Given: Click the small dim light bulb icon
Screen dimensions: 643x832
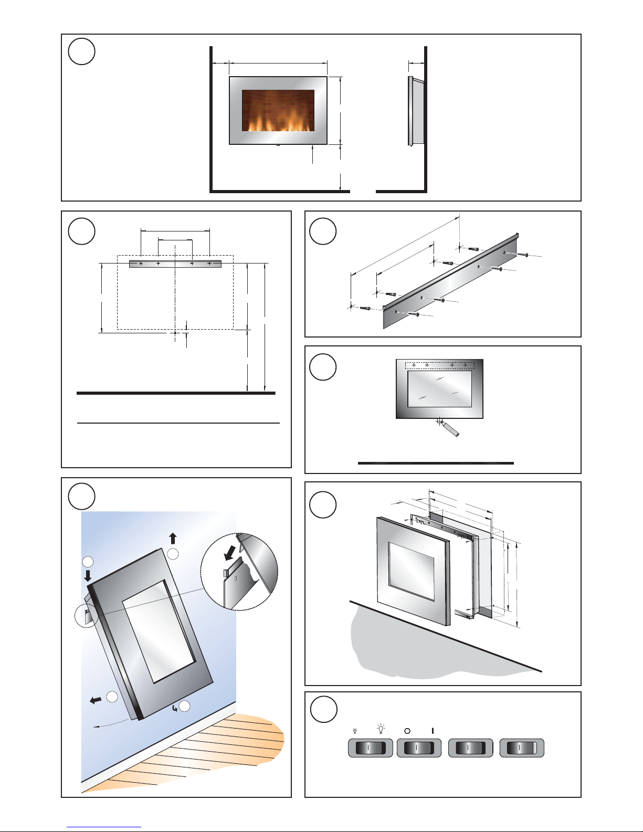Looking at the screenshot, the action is coord(355,730).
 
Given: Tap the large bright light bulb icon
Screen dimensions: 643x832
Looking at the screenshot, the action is coord(381,729).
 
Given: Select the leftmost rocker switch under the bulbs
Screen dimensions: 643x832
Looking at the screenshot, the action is coord(370,748).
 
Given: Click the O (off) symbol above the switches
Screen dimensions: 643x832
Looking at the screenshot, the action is coord(407,730).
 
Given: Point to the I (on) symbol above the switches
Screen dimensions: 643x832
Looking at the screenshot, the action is coord(433,730).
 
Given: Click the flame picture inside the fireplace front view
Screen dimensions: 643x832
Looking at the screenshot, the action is coord(278,111).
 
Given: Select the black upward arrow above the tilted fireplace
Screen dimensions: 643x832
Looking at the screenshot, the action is coord(173,539).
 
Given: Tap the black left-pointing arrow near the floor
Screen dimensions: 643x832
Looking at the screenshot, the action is coord(96,700).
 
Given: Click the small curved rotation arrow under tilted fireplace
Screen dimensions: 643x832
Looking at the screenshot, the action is coord(175,709).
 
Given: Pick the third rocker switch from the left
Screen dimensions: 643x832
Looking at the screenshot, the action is coord(471,748).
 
